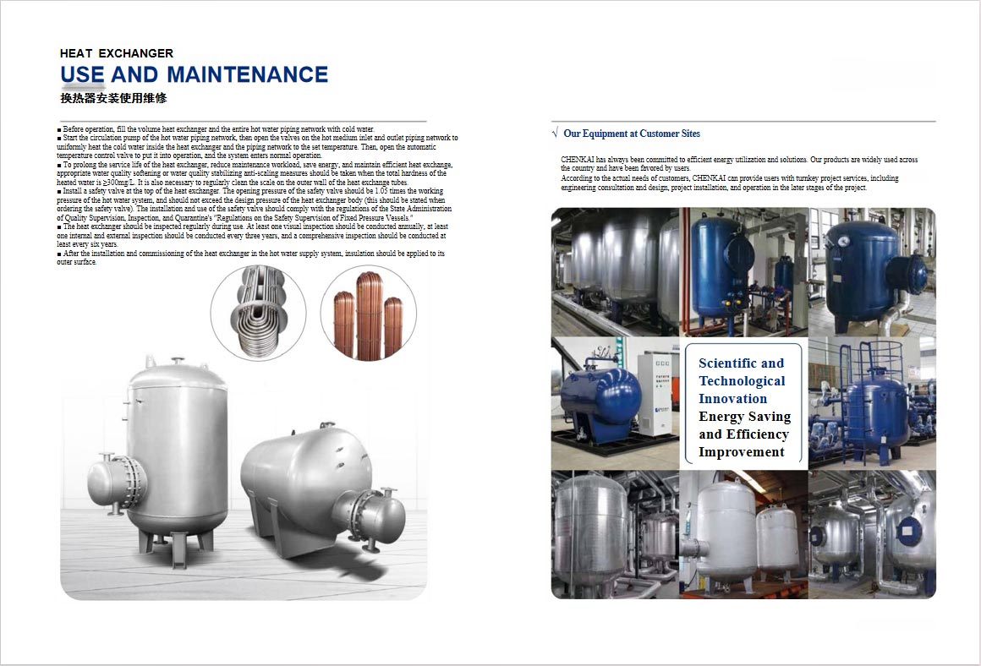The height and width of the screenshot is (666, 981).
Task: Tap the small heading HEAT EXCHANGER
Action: pyautogui.click(x=117, y=53)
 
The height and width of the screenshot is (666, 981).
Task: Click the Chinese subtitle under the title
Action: pyautogui.click(x=113, y=98)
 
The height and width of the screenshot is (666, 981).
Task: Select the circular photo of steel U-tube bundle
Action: pyautogui.click(x=258, y=312)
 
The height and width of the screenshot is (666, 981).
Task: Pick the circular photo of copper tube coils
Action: pyautogui.click(x=368, y=313)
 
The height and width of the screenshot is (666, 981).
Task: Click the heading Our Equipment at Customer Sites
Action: pyautogui.click(x=632, y=134)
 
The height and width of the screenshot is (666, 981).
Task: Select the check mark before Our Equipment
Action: pyautogui.click(x=555, y=134)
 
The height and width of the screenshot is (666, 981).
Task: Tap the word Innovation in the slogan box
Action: pyautogui.click(x=732, y=399)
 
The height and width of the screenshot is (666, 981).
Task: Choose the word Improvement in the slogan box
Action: pyautogui.click(x=741, y=452)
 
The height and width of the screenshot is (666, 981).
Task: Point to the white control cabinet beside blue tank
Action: pyautogui.click(x=655, y=394)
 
